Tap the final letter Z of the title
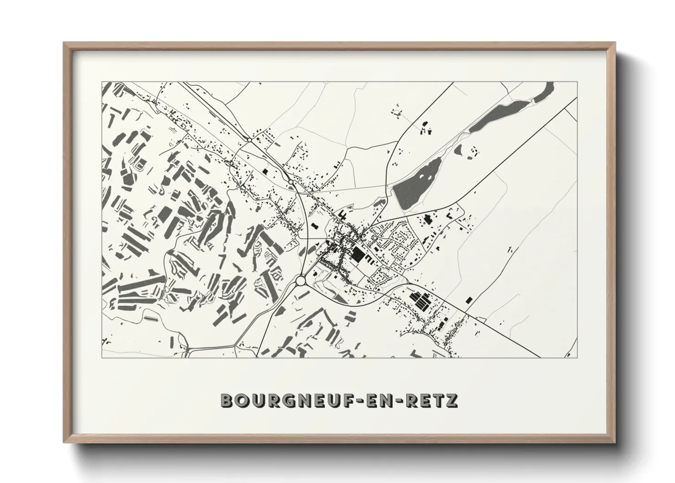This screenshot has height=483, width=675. tap(452, 401)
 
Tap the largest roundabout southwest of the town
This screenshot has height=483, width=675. tap(301, 280)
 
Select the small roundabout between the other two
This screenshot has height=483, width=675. tap(291, 182)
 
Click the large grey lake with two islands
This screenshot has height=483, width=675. tap(417, 183)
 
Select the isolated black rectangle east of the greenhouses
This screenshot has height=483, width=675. tap(469, 300)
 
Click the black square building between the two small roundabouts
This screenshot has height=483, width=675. tap(265, 172)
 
